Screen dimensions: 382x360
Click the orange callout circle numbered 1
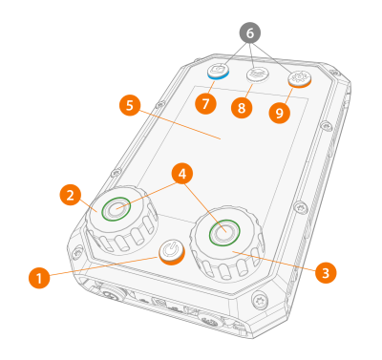39,278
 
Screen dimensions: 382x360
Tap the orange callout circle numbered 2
71,195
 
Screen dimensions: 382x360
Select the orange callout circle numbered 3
326,273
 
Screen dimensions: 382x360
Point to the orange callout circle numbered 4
182,174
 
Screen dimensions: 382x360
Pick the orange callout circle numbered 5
130,105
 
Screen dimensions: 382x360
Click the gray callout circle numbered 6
250,32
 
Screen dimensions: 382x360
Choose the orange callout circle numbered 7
205,103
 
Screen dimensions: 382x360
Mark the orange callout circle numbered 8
242,108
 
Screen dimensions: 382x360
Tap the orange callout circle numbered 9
280,113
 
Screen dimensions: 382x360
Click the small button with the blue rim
218,71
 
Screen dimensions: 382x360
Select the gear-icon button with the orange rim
299,79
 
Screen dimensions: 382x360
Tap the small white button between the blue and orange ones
258,74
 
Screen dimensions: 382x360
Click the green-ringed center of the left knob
116,209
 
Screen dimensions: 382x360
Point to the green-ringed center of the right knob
224,233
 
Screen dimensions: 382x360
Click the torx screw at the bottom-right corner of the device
259,300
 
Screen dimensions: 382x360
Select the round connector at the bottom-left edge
112,293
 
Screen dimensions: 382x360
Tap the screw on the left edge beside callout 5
160,104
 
